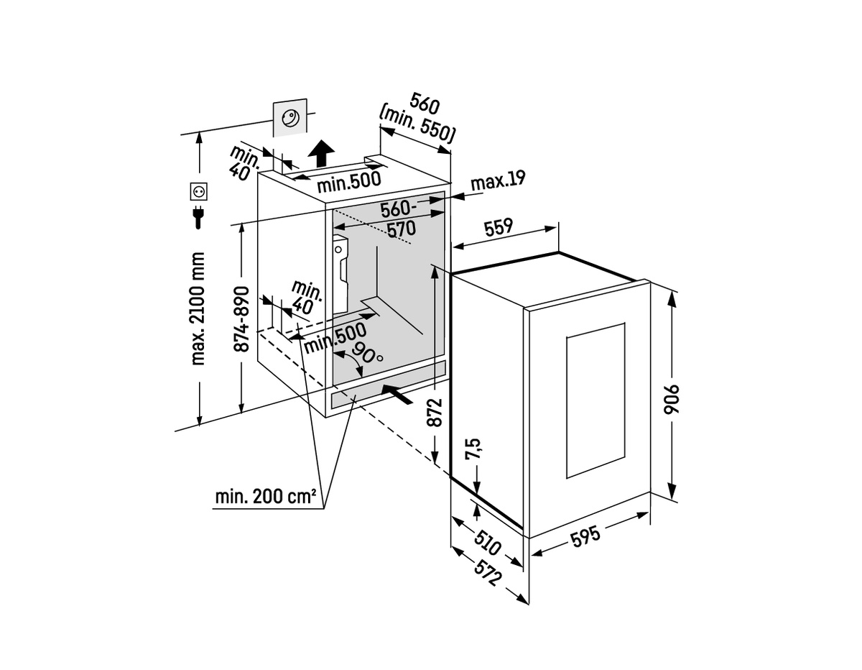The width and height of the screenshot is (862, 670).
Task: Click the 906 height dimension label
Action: pyautogui.click(x=672, y=400)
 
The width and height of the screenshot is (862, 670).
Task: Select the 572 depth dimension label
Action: pyautogui.click(x=488, y=572)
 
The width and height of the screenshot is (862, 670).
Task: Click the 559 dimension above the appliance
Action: pyautogui.click(x=499, y=227)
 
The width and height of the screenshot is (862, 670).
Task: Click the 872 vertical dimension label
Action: pyautogui.click(x=435, y=412)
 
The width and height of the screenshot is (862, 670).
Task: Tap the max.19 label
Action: pyautogui.click(x=498, y=180)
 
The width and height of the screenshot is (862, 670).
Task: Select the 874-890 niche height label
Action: pyautogui.click(x=241, y=319)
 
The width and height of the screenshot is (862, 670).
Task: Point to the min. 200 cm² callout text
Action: pyautogui.click(x=265, y=497)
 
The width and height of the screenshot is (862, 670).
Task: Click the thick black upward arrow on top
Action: pyautogui.click(x=321, y=153)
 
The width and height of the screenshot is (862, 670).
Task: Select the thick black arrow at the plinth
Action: pyautogui.click(x=397, y=394)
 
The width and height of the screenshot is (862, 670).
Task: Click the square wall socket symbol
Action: pyautogui.click(x=199, y=191)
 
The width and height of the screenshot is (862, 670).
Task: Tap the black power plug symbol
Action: pyautogui.click(x=198, y=216)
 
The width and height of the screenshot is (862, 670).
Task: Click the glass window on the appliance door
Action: pyautogui.click(x=595, y=400)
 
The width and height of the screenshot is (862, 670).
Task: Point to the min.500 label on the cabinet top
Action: pyautogui.click(x=349, y=182)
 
